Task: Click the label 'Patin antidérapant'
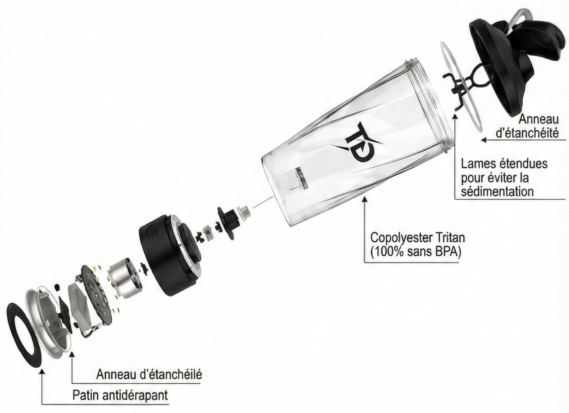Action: tap(120, 395)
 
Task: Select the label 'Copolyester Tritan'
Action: tap(417, 238)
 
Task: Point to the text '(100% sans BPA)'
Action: tap(415, 252)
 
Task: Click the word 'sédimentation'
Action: tap(497, 191)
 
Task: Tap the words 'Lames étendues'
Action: tap(504, 164)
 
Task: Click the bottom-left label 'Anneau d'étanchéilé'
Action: tap(149, 374)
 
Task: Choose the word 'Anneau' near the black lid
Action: tap(539, 119)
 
